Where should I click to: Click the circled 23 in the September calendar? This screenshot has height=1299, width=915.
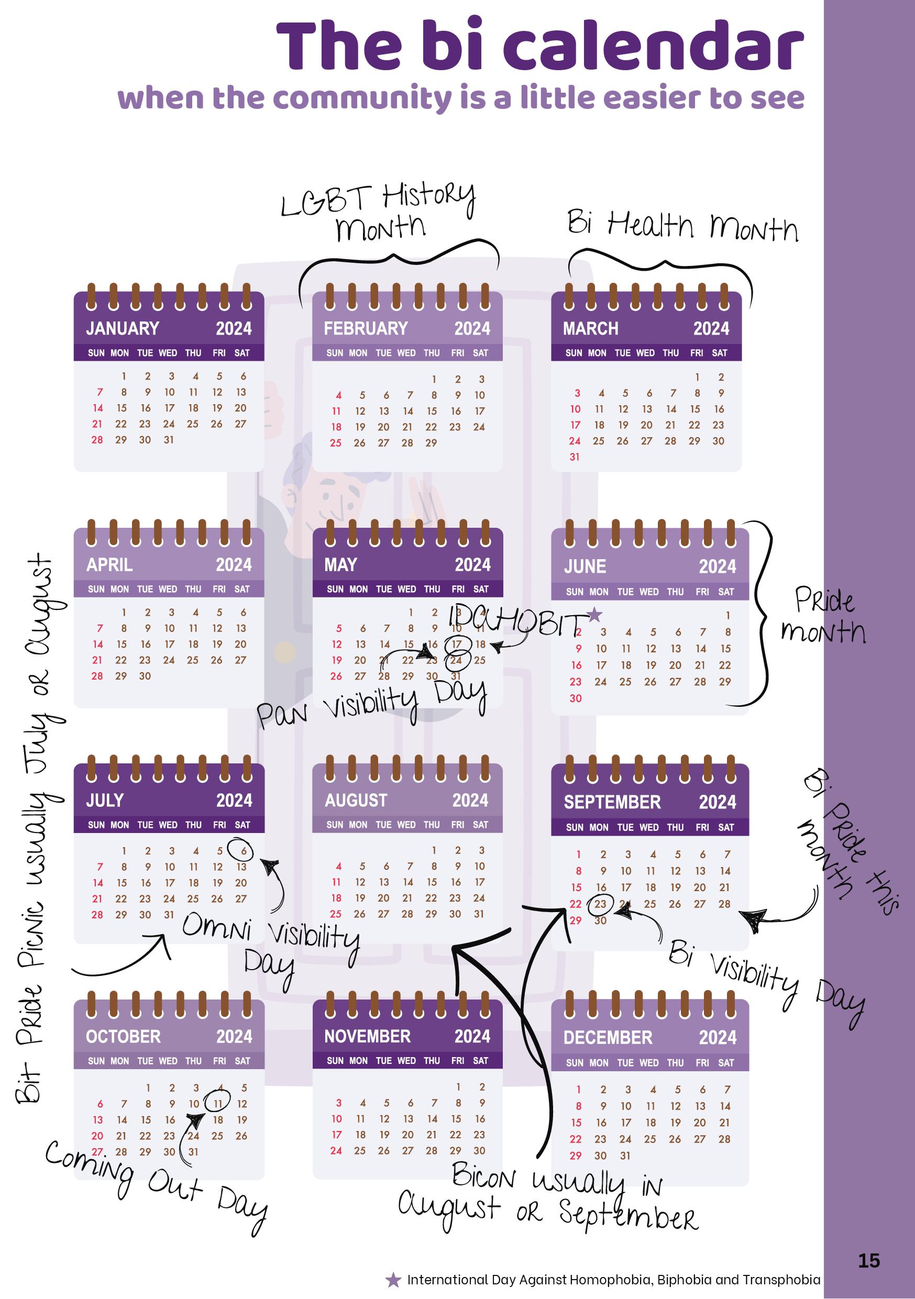pyautogui.click(x=600, y=904)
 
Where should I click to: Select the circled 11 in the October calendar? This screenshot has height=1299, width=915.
pyautogui.click(x=218, y=1104)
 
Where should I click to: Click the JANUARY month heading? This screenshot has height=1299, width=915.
pyautogui.click(x=122, y=328)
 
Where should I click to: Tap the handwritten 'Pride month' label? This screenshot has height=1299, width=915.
pyautogui.click(x=824, y=616)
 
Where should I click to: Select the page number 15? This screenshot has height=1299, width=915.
pyautogui.click(x=869, y=1261)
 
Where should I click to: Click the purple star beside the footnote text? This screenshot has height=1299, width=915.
pyautogui.click(x=393, y=1280)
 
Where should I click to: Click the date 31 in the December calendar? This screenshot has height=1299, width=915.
pyautogui.click(x=625, y=1156)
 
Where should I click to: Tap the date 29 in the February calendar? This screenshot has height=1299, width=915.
pyautogui.click(x=431, y=443)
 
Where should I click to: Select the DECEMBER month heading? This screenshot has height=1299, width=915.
pyautogui.click(x=608, y=1038)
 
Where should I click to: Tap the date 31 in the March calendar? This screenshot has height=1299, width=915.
pyautogui.click(x=575, y=457)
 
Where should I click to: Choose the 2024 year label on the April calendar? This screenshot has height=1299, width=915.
pyautogui.click(x=234, y=564)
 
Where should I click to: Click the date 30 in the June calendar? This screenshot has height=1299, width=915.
pyautogui.click(x=576, y=698)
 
